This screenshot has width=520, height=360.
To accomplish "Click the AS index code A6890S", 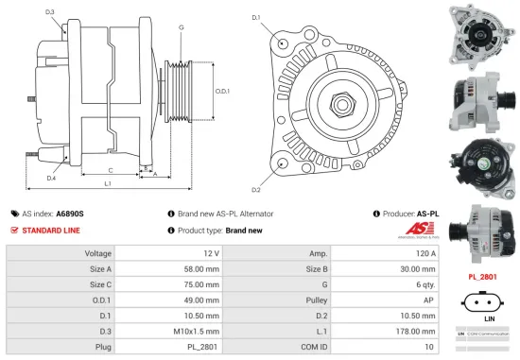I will coord(69,214).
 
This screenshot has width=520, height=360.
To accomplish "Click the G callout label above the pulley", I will coord(181,27).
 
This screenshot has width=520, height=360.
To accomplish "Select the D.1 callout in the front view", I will coord(256,18).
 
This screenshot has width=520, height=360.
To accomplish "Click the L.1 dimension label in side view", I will coord(109,181).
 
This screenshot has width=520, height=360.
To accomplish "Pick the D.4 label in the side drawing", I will coord(49,177).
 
